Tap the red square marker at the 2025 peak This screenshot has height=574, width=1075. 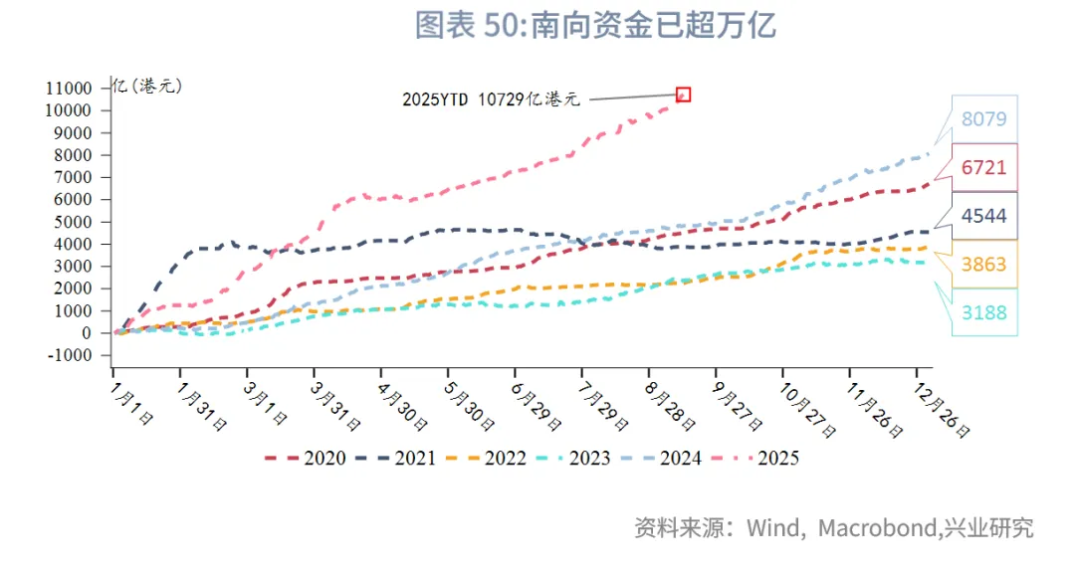[683, 95]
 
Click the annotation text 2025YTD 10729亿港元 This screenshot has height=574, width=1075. [491, 99]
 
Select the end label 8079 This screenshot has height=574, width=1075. [983, 119]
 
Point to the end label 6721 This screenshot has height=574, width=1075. [983, 168]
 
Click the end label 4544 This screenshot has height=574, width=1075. [983, 216]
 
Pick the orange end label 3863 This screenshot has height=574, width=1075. [983, 265]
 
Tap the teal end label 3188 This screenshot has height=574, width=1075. [983, 312]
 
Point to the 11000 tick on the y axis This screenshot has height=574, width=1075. [69, 88]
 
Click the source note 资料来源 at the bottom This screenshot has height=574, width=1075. [834, 527]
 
